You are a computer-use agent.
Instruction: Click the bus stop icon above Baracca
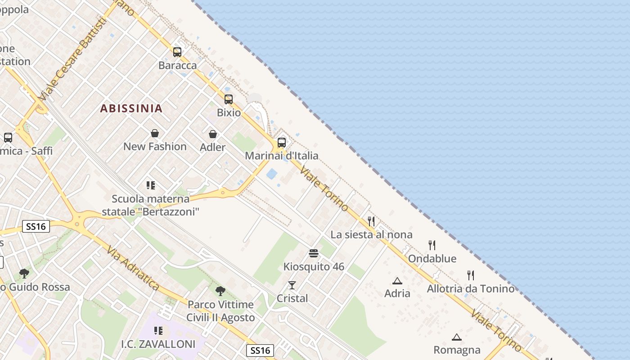tap(177, 52)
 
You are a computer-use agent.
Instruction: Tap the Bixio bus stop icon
tap(229, 99)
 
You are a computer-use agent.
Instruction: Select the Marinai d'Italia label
tap(281, 156)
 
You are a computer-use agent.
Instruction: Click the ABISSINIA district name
tap(131, 108)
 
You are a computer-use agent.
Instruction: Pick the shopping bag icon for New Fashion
tap(155, 133)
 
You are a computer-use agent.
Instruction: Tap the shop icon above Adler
tap(213, 134)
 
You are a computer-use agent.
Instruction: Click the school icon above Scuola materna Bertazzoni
tap(151, 185)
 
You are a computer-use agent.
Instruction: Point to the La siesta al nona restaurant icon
tap(371, 221)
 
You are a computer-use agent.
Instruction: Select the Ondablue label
tap(432, 259)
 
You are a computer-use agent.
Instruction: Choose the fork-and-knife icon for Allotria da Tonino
tap(471, 275)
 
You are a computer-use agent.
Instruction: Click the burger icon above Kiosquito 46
tap(314, 253)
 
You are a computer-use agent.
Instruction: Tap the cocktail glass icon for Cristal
tap(292, 285)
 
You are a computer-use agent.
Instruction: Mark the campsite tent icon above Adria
tap(397, 281)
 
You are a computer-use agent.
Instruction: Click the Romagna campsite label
tap(457, 350)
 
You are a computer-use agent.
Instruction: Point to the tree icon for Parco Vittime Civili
tap(220, 291)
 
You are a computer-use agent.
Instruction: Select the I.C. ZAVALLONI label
tap(158, 345)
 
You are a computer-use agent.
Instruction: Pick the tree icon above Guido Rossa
tap(24, 273)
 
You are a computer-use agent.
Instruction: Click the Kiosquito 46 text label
tap(314, 266)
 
